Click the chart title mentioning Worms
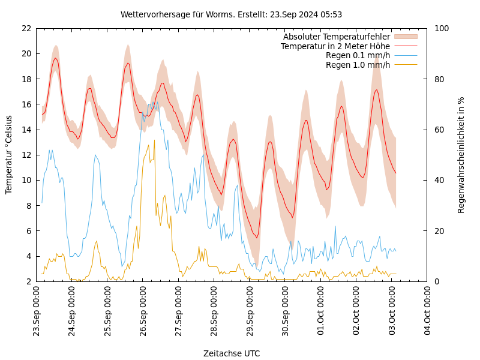point(231,14)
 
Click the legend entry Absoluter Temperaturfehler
point(336,37)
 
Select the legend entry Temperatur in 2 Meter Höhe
point(335,46)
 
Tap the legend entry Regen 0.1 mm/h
point(358,56)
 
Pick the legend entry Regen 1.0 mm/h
point(358,65)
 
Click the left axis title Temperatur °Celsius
point(9,154)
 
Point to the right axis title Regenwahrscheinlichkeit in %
point(461,155)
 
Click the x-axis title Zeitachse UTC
point(232,353)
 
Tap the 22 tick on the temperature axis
point(26,28)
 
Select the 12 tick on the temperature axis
point(26,155)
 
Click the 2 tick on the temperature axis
point(28,281)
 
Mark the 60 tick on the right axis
point(438,130)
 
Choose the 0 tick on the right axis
point(436,281)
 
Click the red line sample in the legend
point(405,46)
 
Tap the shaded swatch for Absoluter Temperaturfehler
point(405,37)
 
